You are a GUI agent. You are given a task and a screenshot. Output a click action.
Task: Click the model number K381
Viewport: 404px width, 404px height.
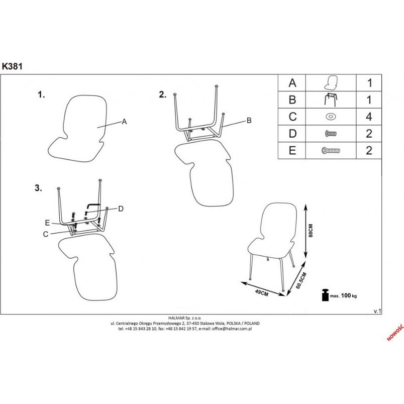(x=12, y=66)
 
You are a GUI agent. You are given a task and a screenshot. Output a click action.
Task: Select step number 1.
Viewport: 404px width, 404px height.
(x=41, y=94)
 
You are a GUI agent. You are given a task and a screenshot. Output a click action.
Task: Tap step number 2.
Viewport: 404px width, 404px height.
(x=163, y=94)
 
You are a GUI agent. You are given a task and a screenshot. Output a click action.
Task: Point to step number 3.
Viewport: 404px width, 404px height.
(x=38, y=188)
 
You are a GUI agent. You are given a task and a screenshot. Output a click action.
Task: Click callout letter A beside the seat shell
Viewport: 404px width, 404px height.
(x=124, y=122)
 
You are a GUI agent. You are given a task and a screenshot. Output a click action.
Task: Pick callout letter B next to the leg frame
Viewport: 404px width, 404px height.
(x=249, y=120)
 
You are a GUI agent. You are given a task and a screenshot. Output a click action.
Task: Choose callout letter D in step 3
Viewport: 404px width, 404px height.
(x=121, y=209)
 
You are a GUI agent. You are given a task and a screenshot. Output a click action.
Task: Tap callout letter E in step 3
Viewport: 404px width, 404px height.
(x=47, y=223)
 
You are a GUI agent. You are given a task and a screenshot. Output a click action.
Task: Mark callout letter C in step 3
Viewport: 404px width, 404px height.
(x=46, y=234)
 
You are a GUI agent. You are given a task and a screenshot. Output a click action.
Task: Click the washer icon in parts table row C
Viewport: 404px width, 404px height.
(x=331, y=117)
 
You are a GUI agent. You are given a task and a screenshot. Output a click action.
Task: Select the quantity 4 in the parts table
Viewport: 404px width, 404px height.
(x=369, y=117)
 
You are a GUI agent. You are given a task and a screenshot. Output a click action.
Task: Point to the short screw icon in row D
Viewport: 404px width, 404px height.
(x=331, y=134)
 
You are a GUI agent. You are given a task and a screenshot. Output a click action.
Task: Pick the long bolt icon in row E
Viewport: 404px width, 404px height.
(x=331, y=150)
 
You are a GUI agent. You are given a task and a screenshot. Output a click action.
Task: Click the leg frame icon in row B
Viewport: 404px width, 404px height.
(x=330, y=99)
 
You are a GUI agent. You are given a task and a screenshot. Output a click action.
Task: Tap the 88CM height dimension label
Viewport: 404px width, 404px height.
(x=311, y=230)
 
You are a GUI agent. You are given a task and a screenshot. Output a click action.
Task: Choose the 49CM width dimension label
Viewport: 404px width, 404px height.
(x=261, y=292)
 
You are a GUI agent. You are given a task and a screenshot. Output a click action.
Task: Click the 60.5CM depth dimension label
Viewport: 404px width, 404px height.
(x=301, y=280)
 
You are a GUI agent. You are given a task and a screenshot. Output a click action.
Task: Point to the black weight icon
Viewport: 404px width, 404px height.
(x=326, y=295)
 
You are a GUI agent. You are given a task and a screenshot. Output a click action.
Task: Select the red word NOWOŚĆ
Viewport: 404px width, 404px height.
(x=395, y=333)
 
